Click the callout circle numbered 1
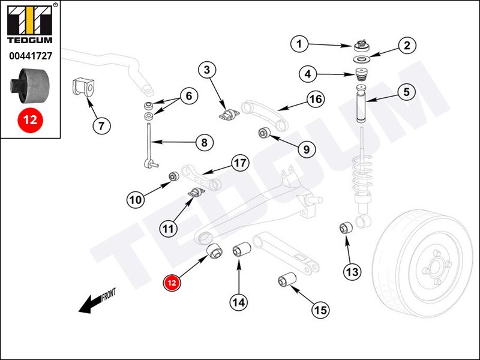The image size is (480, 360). pyautogui.click(x=301, y=43)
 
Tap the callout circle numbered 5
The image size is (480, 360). pyautogui.click(x=406, y=92)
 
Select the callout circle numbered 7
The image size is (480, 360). pyautogui.click(x=101, y=126)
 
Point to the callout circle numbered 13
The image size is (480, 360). pyautogui.click(x=352, y=272)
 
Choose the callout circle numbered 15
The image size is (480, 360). pyautogui.click(x=320, y=310)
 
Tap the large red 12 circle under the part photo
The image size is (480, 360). pyautogui.click(x=31, y=119)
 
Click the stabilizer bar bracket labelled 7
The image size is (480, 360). pyautogui.click(x=82, y=86)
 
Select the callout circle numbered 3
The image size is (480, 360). pyautogui.click(x=207, y=71)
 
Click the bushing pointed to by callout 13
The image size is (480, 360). pyautogui.click(x=344, y=227)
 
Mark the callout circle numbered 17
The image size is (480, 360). pyautogui.click(x=240, y=163)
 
